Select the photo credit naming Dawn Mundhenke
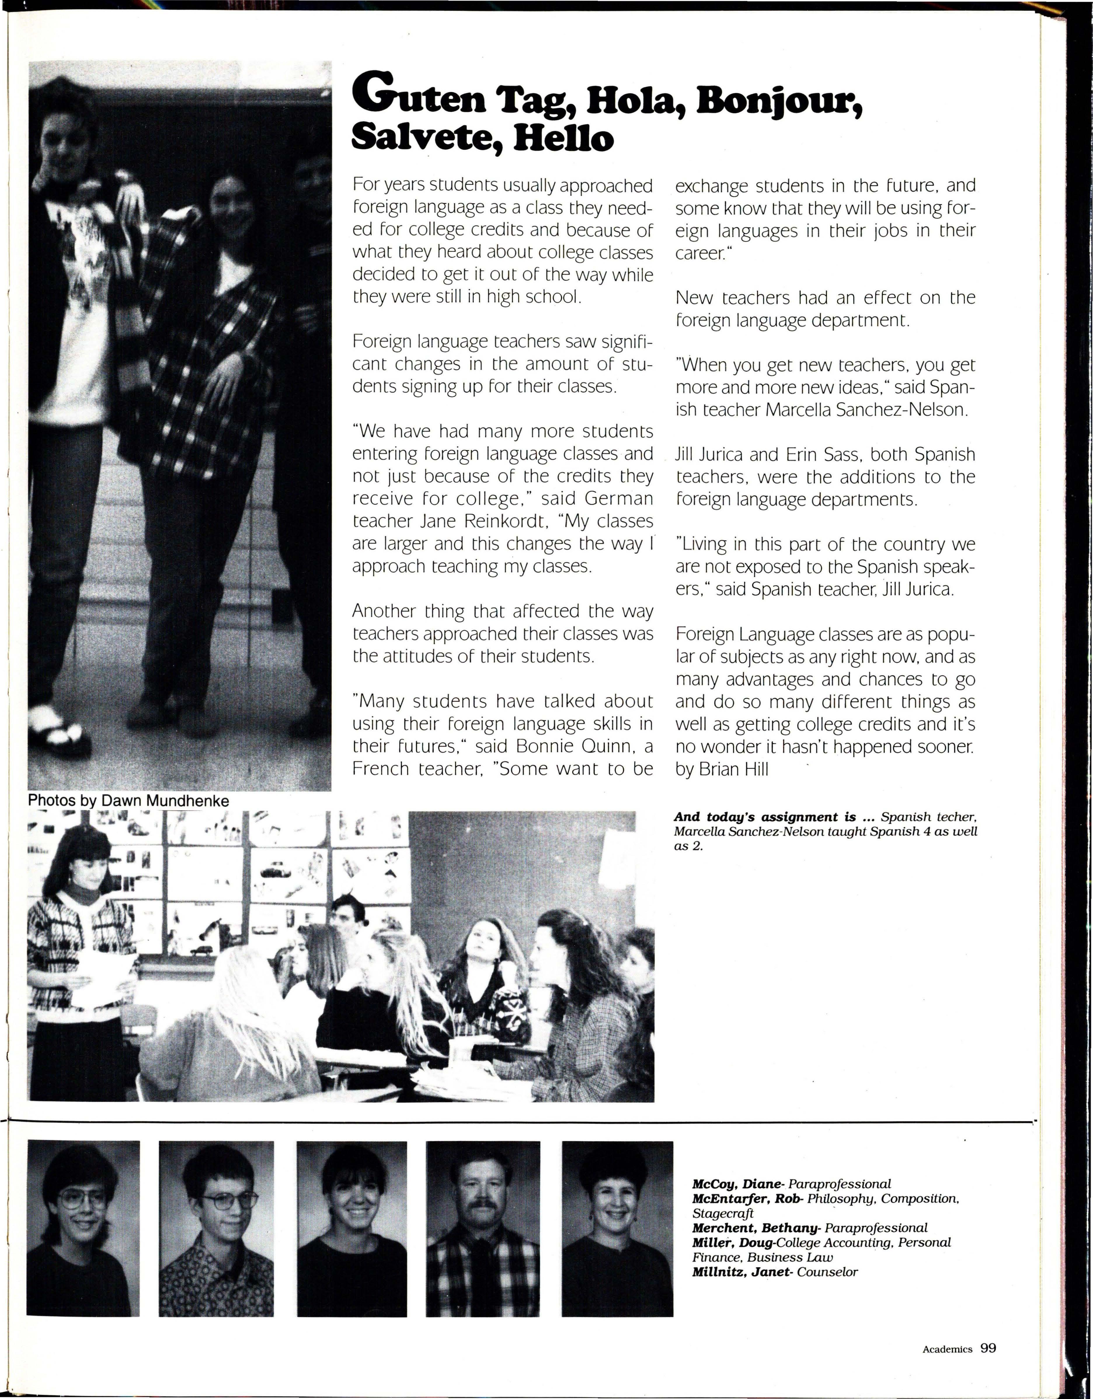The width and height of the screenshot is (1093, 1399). [128, 801]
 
